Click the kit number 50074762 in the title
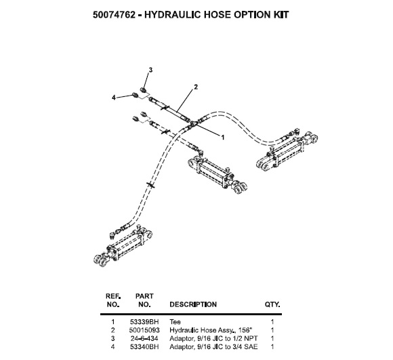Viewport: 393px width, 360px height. click(114, 15)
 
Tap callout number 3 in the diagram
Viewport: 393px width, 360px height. click(150, 70)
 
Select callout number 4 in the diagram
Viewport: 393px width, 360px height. click(114, 98)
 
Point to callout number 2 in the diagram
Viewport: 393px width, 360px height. click(196, 87)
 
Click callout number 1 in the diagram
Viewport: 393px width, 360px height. click(222, 138)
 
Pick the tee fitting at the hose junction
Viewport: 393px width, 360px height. click(193, 124)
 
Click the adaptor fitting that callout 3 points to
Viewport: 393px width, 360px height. click(143, 89)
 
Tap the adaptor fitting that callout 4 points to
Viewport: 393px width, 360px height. click(135, 96)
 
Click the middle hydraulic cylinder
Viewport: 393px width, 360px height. click(218, 174)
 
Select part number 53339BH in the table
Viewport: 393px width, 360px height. click(144, 322)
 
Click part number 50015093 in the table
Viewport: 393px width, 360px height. click(144, 330)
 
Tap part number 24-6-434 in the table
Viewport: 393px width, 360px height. click(144, 338)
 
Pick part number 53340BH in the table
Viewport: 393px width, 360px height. click(144, 346)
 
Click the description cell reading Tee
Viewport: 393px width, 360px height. click(175, 322)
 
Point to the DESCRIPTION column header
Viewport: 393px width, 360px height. click(193, 304)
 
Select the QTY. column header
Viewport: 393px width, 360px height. click(272, 304)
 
